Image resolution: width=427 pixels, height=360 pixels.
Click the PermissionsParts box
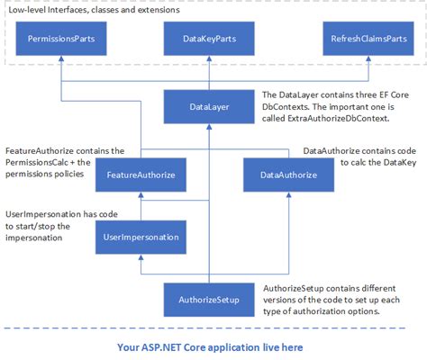click(x=61, y=39)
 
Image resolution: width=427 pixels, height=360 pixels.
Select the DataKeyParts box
click(x=209, y=39)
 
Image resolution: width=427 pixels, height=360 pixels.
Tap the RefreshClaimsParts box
click(x=368, y=39)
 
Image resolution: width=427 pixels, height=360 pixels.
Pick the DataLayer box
click(x=209, y=106)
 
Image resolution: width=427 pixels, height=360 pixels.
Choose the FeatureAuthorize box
click(x=141, y=175)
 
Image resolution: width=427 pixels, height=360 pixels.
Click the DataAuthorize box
click(x=288, y=175)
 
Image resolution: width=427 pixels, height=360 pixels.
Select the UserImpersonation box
click(x=141, y=238)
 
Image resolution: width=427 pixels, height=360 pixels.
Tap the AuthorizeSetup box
click(x=209, y=300)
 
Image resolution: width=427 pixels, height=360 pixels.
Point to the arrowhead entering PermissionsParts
click(x=61, y=58)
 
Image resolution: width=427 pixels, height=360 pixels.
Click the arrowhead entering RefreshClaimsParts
click(x=368, y=58)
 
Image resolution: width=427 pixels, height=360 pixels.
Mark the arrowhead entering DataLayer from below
click(x=209, y=127)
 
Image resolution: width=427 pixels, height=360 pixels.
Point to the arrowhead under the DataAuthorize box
click(x=288, y=195)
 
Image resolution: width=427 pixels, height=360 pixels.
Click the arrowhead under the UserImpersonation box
click(x=141, y=257)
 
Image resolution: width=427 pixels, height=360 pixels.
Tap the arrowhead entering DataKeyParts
click(x=209, y=58)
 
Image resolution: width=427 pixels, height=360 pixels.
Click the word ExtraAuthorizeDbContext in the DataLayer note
click(x=339, y=119)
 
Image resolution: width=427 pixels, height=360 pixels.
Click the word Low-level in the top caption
click(x=27, y=10)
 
